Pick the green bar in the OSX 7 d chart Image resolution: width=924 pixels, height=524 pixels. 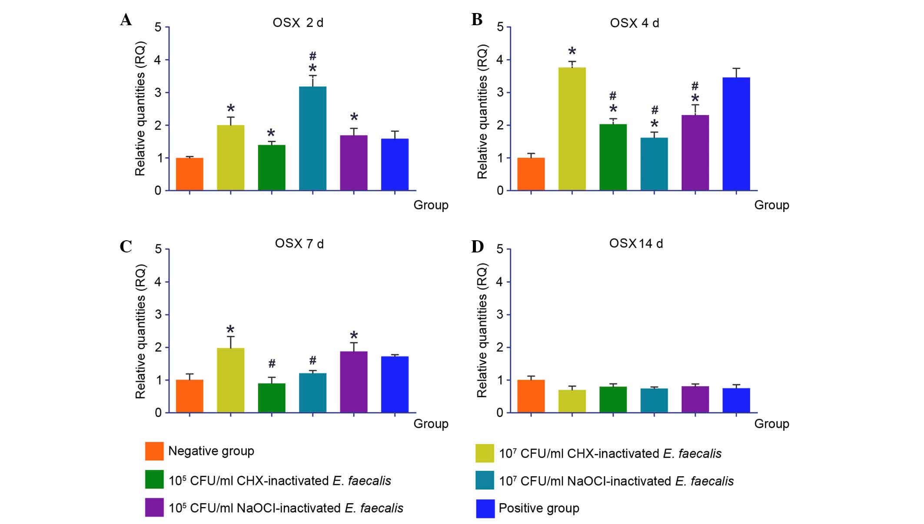coord(272,398)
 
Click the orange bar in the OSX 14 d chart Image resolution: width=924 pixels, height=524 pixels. coord(531,396)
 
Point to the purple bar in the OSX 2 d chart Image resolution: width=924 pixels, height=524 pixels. coord(354,163)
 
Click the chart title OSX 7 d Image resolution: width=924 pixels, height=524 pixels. coord(299,244)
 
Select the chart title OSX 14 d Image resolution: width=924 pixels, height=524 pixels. coord(636,243)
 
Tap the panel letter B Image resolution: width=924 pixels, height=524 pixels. coord(477,20)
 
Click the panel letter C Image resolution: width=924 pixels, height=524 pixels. coord(126,246)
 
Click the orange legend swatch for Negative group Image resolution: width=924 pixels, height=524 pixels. coord(154,451)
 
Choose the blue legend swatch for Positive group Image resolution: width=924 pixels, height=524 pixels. coord(485,508)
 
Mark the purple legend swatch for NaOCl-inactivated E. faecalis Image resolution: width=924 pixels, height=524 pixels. coord(154,507)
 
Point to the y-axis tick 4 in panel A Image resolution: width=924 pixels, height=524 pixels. coord(158,60)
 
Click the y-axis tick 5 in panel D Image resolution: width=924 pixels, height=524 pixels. coord(500,249)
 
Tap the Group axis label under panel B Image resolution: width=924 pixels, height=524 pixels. coord(771,205)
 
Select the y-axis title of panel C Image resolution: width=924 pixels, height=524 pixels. coord(140,332)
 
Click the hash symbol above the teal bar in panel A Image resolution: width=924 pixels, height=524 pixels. coord(312,56)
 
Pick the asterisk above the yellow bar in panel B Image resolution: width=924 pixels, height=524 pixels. coord(572,52)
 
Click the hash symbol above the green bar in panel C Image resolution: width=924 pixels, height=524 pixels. coord(272,363)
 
